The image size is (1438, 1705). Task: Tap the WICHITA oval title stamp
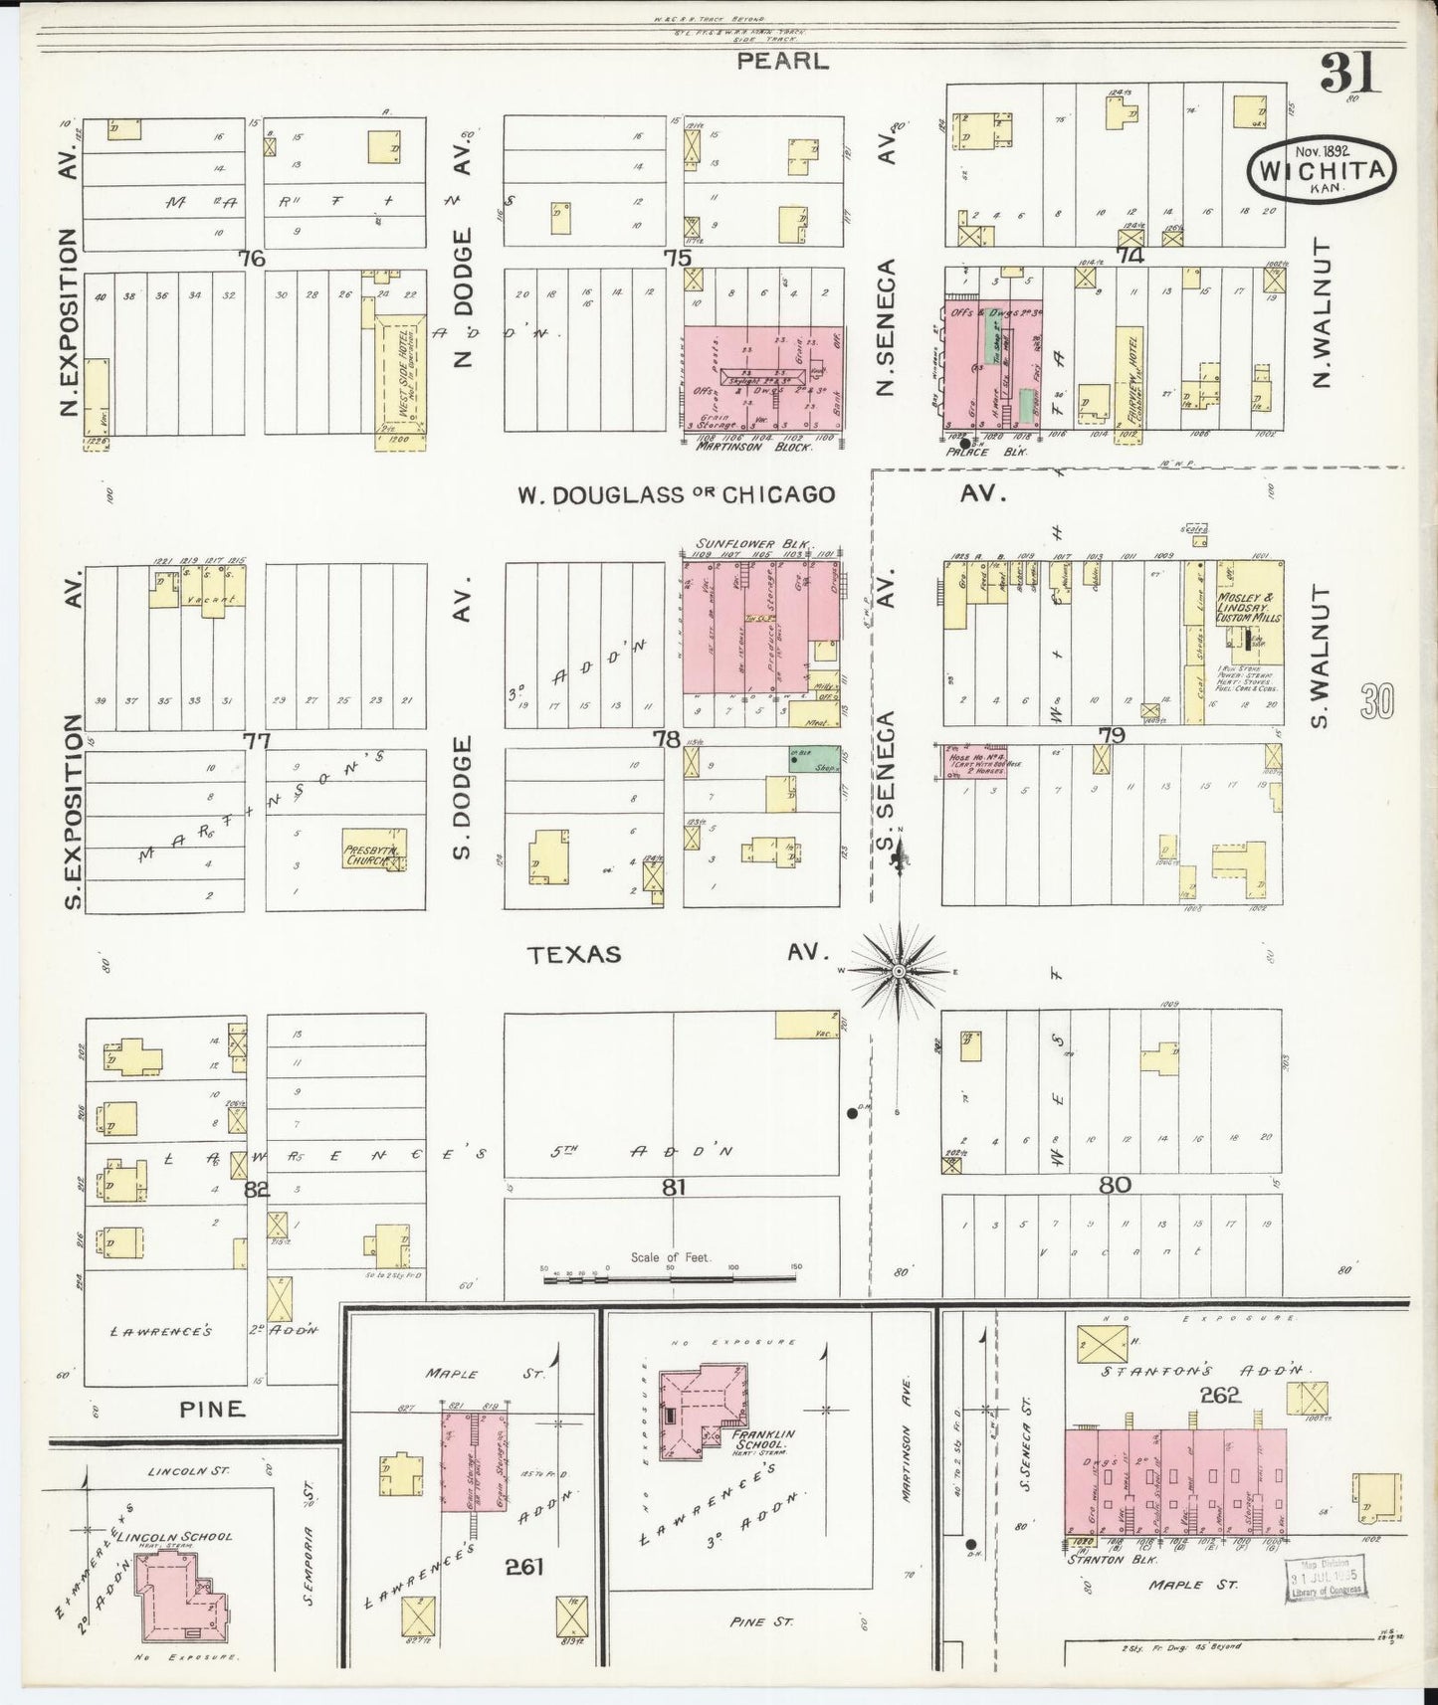pyautogui.click(x=1321, y=170)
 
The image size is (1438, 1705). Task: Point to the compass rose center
pyautogui.click(x=899, y=970)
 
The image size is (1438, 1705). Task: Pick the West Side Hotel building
pyautogui.click(x=401, y=376)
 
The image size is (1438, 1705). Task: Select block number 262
pyautogui.click(x=1220, y=1395)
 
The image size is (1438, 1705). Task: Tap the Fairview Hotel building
pyautogui.click(x=1129, y=377)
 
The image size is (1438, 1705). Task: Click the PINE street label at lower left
pyautogui.click(x=212, y=1409)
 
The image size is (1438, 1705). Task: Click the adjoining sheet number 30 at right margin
pyautogui.click(x=1378, y=702)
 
